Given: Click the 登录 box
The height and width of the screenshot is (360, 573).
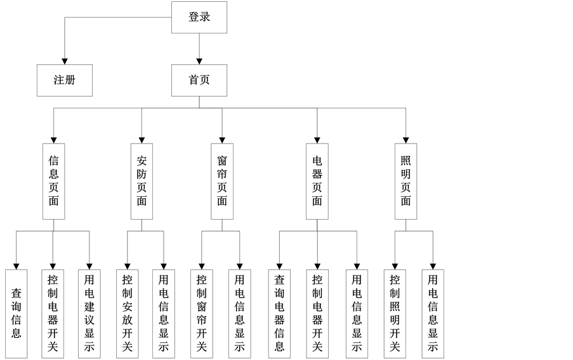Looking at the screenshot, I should (199, 17).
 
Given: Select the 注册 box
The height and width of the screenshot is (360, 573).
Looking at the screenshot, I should (64, 81).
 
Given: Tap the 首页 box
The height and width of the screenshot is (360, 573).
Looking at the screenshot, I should (199, 81).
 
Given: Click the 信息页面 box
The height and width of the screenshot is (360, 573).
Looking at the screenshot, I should (53, 181).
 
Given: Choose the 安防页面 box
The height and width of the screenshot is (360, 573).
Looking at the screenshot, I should (142, 181).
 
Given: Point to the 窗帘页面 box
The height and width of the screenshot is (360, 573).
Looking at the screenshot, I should (222, 181).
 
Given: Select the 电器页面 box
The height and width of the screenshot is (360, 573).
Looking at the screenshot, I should (317, 181).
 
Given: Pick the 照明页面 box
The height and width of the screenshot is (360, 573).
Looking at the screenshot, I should (405, 181).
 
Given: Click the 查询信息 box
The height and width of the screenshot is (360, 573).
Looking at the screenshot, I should (16, 314).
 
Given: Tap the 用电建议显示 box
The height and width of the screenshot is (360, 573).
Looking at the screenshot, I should (89, 314).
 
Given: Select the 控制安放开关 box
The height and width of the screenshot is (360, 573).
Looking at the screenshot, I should (128, 314).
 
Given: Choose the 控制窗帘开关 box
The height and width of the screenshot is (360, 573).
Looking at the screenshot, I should (201, 314).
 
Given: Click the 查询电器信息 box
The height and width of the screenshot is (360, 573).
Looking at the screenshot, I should (279, 314).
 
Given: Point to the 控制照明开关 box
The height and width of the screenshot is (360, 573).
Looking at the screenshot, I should (395, 314).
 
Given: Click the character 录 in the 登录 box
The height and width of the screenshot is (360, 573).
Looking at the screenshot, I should (205, 17).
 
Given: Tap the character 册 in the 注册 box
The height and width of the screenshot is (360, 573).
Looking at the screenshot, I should (70, 81).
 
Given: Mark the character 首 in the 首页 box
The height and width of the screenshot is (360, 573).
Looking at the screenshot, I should (194, 81).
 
